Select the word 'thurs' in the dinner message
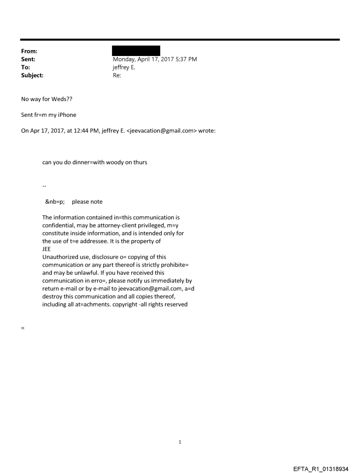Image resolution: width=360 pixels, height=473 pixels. click(x=140, y=162)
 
